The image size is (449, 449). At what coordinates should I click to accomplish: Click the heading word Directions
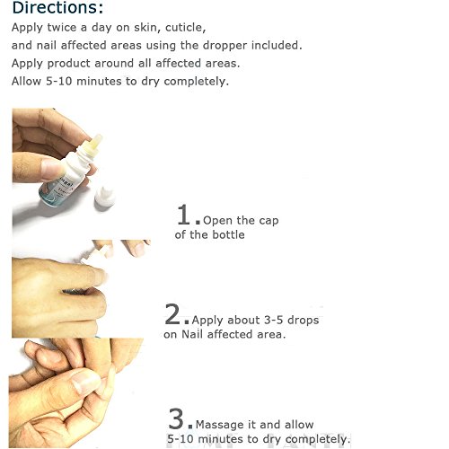[57, 7]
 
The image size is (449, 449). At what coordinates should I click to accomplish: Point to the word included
[277, 46]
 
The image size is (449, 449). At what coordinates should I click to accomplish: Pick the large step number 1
[183, 214]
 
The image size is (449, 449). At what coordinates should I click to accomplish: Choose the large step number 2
[172, 313]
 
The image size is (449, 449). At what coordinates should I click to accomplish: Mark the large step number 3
[176, 418]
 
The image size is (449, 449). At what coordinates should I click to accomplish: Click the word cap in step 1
[269, 221]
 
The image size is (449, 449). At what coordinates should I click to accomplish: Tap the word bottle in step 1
[228, 234]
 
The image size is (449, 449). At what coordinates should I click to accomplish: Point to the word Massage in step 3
[219, 425]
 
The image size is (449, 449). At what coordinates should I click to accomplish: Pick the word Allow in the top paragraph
[26, 81]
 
